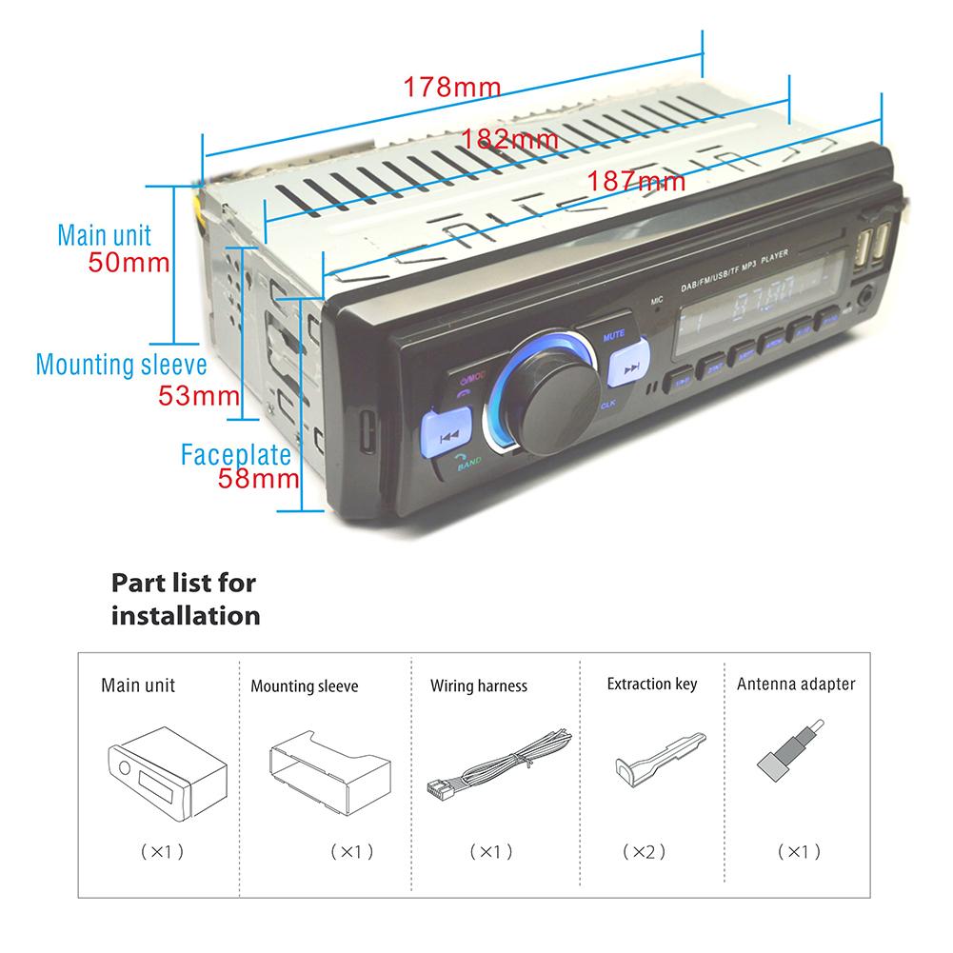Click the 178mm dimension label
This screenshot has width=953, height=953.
pos(451,87)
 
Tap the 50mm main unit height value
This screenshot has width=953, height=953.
pos(129,263)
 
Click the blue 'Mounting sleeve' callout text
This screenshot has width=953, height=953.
pos(122,365)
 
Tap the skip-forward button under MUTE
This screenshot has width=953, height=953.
pos(625,371)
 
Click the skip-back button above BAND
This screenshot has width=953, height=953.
pos(450,432)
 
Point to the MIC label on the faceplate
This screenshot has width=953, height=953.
pos(656,301)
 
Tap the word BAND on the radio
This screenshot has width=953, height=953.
pos(468,466)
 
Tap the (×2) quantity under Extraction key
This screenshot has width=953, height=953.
pos(644,850)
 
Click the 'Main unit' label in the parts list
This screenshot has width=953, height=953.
pos(138,685)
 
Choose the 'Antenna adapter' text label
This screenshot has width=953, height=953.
pos(796,684)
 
